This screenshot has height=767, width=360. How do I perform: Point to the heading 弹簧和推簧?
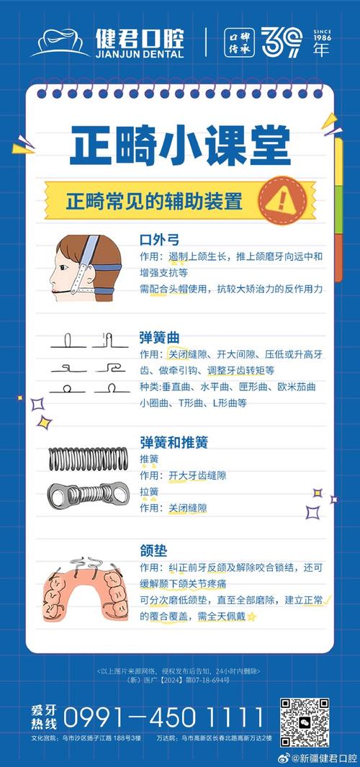coord(174,441)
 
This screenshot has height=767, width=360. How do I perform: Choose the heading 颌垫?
coord(153,550)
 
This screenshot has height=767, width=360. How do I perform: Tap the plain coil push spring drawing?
coord(87,459)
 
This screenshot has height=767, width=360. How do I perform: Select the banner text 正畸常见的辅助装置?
coord(154,200)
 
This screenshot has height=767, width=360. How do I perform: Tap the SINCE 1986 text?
coord(323,38)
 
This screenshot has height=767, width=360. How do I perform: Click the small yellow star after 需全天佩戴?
coord(251,617)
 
